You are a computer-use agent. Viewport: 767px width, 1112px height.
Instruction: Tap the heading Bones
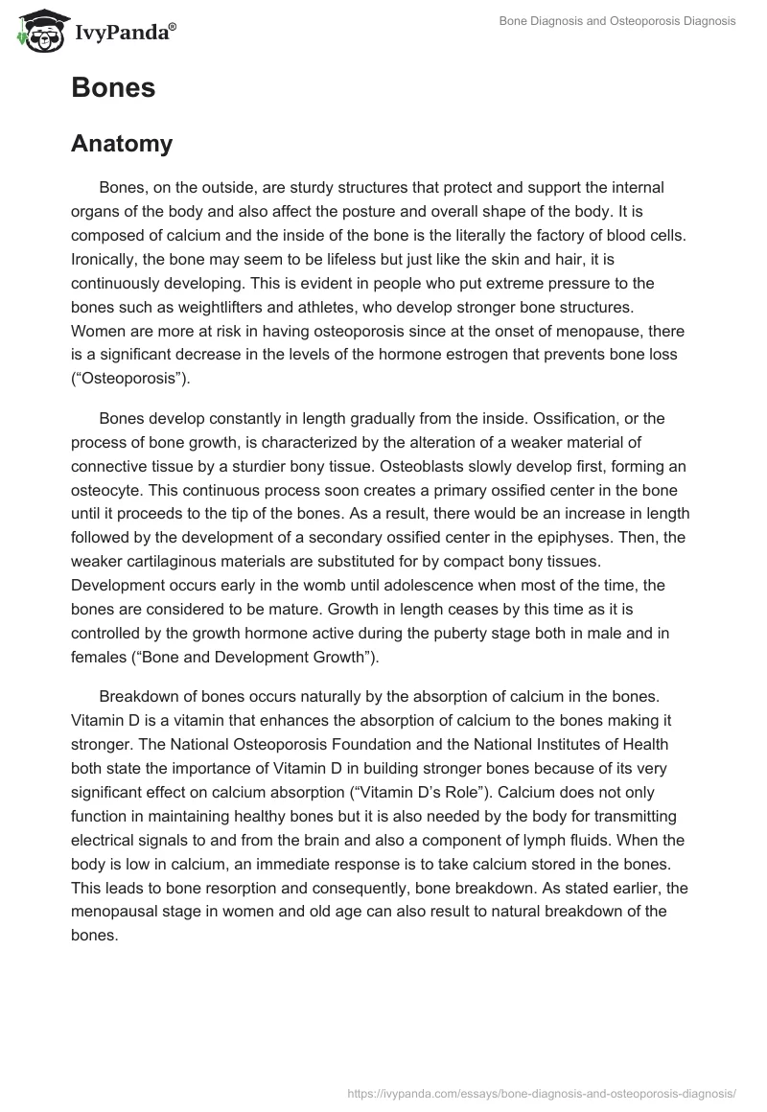tap(113, 87)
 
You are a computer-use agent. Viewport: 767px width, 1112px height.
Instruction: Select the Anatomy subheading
tap(122, 144)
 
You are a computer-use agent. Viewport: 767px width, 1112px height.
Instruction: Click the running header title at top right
tap(617, 21)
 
